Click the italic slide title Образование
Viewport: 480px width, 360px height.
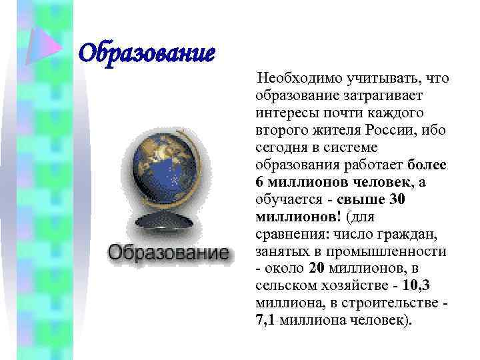click(147, 51)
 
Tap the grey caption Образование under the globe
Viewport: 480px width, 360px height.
click(168, 253)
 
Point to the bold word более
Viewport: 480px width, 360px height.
click(426, 165)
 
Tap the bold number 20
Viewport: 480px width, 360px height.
click(317, 268)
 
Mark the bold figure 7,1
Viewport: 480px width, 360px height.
click(267, 320)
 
